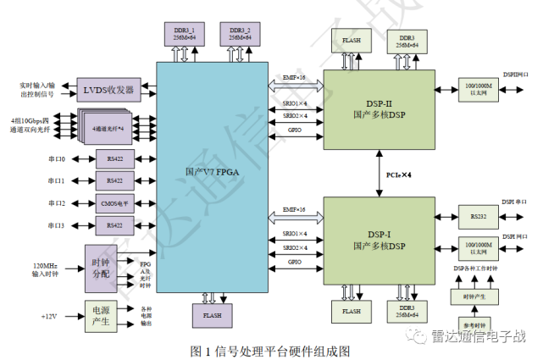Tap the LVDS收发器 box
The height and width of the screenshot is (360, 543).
(x=108, y=90)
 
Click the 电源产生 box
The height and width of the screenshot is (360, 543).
(x=101, y=315)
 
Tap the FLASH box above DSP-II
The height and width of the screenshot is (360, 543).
(x=352, y=41)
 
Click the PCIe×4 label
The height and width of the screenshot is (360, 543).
(x=401, y=175)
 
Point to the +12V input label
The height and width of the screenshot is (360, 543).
(x=51, y=316)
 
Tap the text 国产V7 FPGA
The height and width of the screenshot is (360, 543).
(x=211, y=173)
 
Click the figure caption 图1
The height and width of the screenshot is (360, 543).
(x=271, y=349)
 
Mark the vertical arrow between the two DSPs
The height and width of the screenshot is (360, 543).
(x=379, y=175)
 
